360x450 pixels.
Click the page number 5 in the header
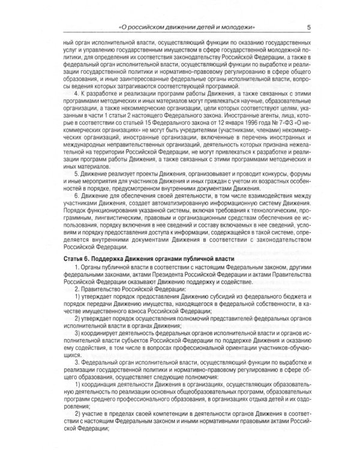[308, 27]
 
